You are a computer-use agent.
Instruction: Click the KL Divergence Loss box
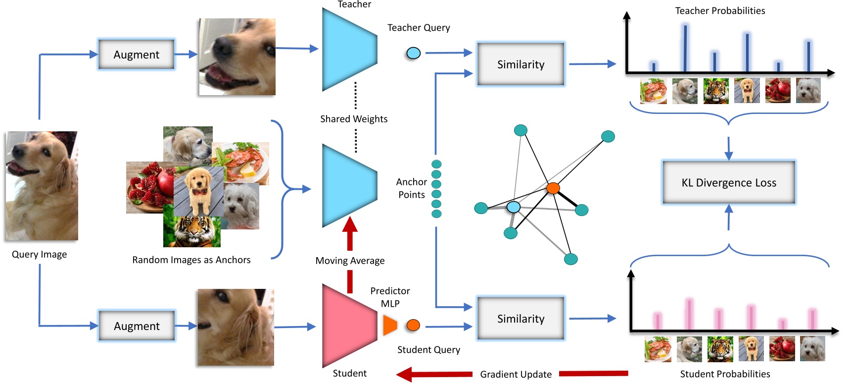(x=728, y=182)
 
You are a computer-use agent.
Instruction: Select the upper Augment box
(x=137, y=55)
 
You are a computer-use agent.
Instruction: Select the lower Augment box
(x=137, y=326)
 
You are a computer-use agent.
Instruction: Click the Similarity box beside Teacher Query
(x=520, y=64)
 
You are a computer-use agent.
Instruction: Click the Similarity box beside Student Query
(x=520, y=319)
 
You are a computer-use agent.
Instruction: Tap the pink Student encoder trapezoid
(x=346, y=326)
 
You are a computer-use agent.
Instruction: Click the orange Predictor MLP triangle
(x=389, y=325)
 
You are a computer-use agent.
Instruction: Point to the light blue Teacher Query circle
(x=413, y=53)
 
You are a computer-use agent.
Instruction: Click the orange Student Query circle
(x=413, y=325)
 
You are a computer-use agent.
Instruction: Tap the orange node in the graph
(x=553, y=188)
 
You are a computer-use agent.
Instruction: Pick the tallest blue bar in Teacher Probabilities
(x=685, y=48)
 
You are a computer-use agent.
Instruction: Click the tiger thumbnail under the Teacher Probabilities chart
(x=716, y=91)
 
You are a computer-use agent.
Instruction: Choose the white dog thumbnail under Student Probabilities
(x=812, y=349)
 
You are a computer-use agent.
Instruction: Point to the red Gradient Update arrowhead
(x=406, y=374)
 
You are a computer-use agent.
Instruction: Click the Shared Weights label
(x=354, y=119)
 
